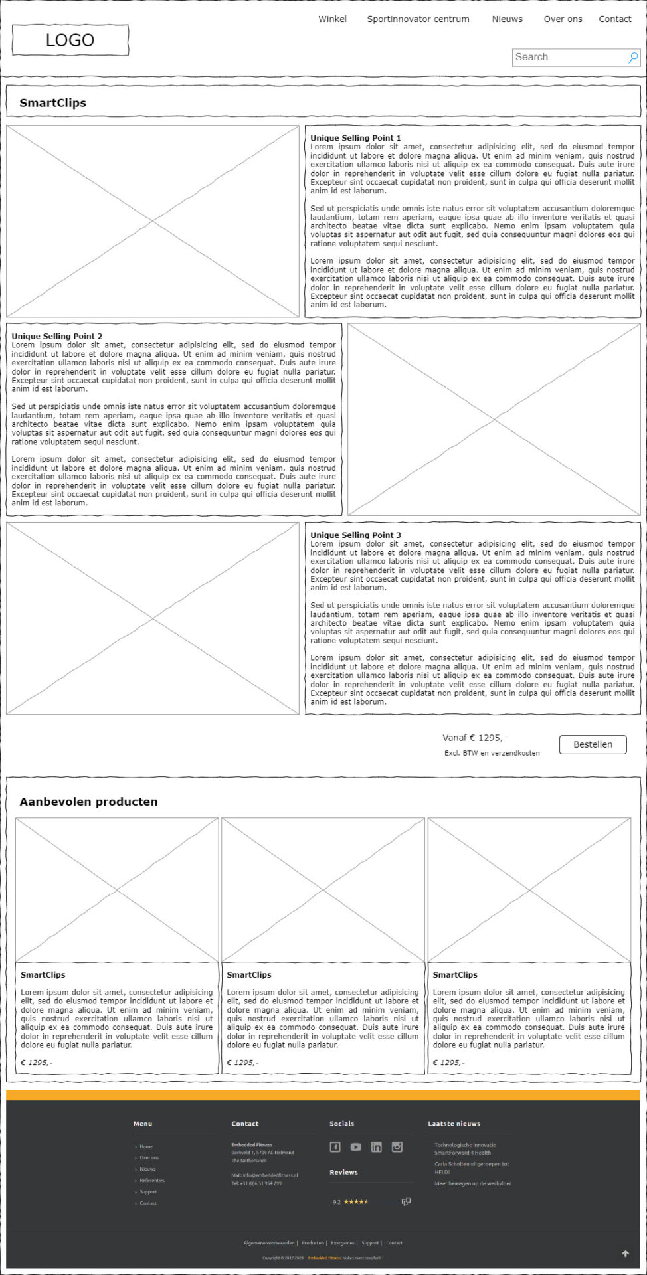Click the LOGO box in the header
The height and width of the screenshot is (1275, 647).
pos(70,41)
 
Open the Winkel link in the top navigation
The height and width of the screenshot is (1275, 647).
pos(332,19)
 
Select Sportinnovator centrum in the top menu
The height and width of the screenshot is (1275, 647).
pos(418,19)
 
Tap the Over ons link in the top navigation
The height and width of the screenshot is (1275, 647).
pos(563,19)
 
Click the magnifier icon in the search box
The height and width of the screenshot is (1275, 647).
pos(633,58)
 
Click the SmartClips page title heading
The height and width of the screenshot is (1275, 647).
pos(53,103)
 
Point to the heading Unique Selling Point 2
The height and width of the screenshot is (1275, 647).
pos(57,336)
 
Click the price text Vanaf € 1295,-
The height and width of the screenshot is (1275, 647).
pos(474,738)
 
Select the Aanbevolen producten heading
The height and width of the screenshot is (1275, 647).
pos(89,802)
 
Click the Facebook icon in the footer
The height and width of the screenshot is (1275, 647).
pos(335,1147)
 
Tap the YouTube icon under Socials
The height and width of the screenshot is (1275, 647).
pos(356,1147)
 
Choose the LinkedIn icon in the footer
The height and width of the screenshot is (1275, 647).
pos(377,1147)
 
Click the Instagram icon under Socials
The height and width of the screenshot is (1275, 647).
pos(397,1147)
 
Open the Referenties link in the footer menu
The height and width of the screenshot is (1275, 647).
pos(152,1180)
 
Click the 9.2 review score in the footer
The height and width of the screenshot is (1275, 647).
pos(337,1202)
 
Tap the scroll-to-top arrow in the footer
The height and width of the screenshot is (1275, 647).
pos(625,1254)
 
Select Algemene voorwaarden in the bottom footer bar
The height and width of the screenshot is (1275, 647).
pos(269,1243)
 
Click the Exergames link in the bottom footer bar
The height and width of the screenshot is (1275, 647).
pos(343,1243)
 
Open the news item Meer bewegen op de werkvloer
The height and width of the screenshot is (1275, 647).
pos(473,1183)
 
